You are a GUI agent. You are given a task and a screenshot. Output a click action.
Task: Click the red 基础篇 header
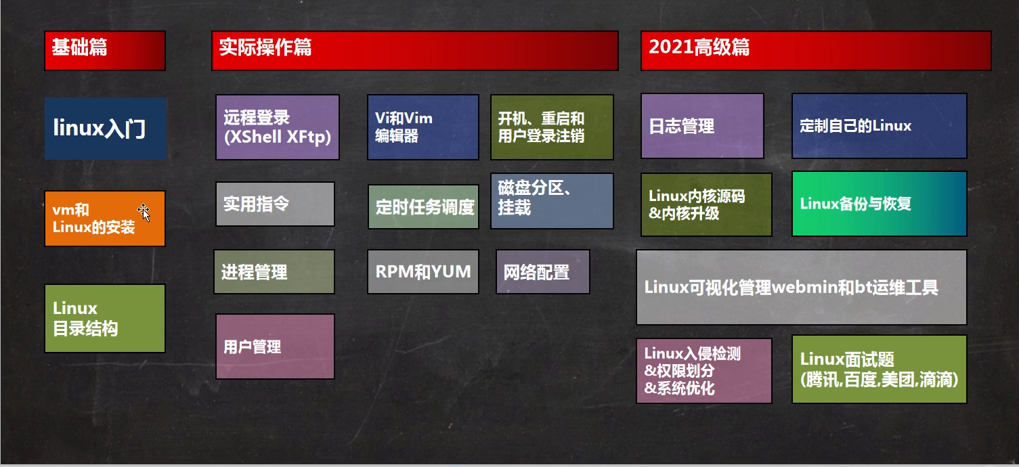pyautogui.click(x=105, y=51)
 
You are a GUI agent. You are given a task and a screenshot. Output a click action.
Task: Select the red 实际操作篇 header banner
pyautogui.click(x=415, y=51)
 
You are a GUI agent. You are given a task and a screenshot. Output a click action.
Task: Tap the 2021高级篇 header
pyautogui.click(x=816, y=51)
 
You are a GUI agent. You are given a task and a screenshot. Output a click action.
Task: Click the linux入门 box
pyautogui.click(x=105, y=128)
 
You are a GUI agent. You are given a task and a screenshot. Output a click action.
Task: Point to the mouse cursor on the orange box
pyautogui.click(x=144, y=213)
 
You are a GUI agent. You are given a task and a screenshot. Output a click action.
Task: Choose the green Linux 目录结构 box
pyautogui.click(x=105, y=318)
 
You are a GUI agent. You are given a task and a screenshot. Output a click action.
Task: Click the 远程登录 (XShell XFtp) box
pyautogui.click(x=278, y=127)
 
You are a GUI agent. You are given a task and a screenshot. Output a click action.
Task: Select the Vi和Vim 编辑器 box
pyautogui.click(x=423, y=127)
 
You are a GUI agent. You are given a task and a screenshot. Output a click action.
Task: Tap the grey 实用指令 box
pyautogui.click(x=275, y=204)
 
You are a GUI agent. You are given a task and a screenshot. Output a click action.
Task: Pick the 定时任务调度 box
pyautogui.click(x=424, y=206)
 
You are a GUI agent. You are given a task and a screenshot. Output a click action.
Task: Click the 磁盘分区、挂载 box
pyautogui.click(x=552, y=200)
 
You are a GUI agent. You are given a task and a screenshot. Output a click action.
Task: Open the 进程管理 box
pyautogui.click(x=274, y=271)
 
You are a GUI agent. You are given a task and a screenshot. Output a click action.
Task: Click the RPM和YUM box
pyautogui.click(x=423, y=271)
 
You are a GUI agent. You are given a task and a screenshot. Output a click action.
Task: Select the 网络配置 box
pyautogui.click(x=543, y=271)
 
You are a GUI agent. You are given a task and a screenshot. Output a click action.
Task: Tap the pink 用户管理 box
pyautogui.click(x=275, y=347)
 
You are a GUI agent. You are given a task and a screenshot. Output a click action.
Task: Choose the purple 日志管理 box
pyautogui.click(x=702, y=126)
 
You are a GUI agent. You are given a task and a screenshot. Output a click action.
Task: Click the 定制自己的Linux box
pyautogui.click(x=880, y=126)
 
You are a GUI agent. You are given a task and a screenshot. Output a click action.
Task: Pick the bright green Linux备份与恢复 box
pyautogui.click(x=880, y=204)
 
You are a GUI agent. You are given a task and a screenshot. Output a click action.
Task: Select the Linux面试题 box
pyautogui.click(x=880, y=370)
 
